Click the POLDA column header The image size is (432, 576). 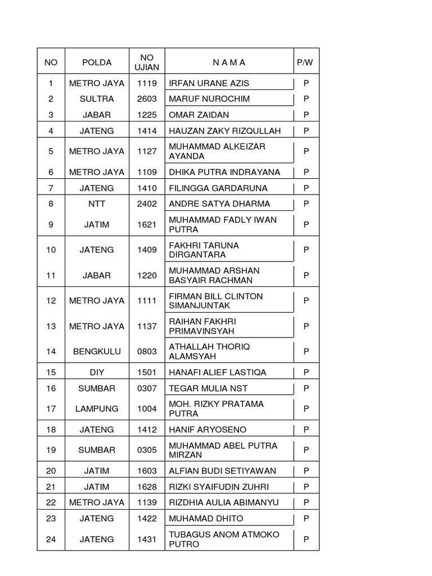(97, 62)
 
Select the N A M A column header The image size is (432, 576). (229, 62)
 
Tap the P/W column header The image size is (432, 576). (305, 62)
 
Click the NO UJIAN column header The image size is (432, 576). (147, 62)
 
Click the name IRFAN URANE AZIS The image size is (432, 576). (209, 83)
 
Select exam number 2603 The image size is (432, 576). (147, 99)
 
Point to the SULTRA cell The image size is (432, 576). (97, 99)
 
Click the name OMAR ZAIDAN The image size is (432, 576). (199, 115)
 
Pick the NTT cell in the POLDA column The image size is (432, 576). (97, 204)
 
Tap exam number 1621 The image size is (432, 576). (147, 224)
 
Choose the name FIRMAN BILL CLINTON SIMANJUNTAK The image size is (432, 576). (216, 301)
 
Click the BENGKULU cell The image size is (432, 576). (97, 352)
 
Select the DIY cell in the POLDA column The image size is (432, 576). (97, 372)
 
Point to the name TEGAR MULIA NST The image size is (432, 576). (208, 388)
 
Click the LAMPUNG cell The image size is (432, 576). (97, 409)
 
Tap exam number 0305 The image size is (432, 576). (147, 450)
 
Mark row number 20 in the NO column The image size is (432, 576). (51, 471)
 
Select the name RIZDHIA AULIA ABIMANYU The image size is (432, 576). (224, 502)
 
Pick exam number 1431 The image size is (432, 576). (147, 539)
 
